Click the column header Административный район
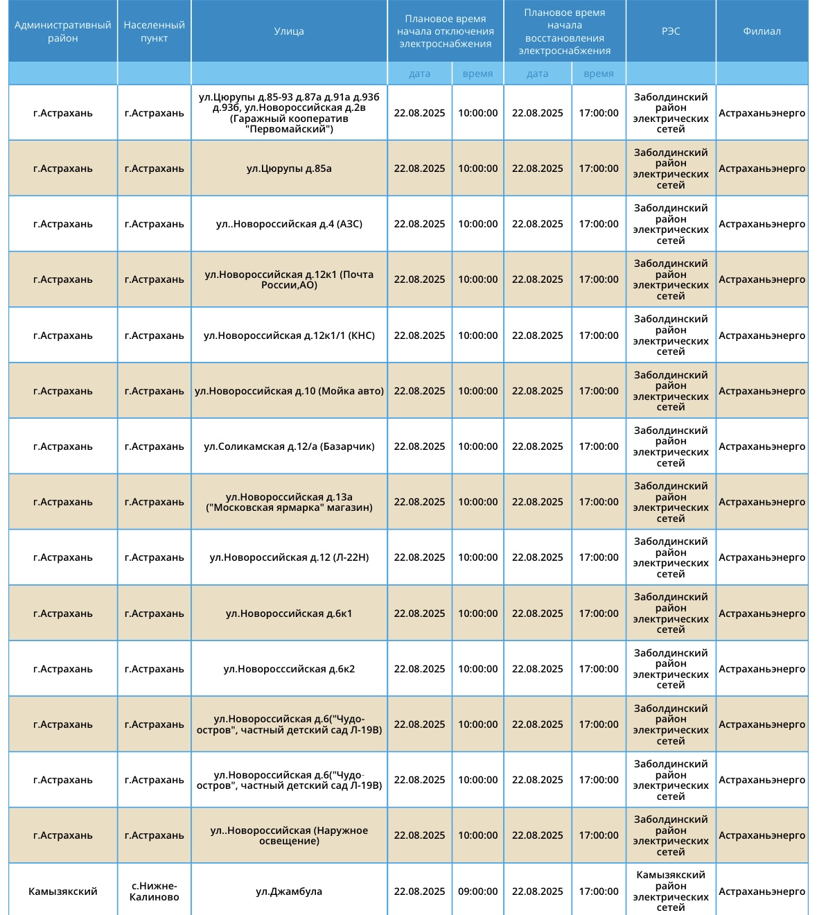point(62,31)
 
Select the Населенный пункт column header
point(154,31)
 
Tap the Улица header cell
point(289,31)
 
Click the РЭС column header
point(671,31)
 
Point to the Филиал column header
point(762,31)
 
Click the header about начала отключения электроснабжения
point(445,31)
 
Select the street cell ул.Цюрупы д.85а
point(289,168)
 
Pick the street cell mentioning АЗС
point(289,224)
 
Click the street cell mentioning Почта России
point(289,279)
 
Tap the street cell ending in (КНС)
point(289,335)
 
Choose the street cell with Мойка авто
point(289,391)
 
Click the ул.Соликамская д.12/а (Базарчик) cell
point(289,446)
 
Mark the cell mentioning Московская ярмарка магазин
point(289,502)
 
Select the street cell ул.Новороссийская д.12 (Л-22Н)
point(289,557)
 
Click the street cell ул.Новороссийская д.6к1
point(289,613)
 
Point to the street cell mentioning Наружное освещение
point(289,835)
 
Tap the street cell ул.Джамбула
point(289,891)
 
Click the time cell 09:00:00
point(477,891)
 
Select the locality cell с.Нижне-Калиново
point(154,891)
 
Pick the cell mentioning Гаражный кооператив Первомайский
point(289,113)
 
